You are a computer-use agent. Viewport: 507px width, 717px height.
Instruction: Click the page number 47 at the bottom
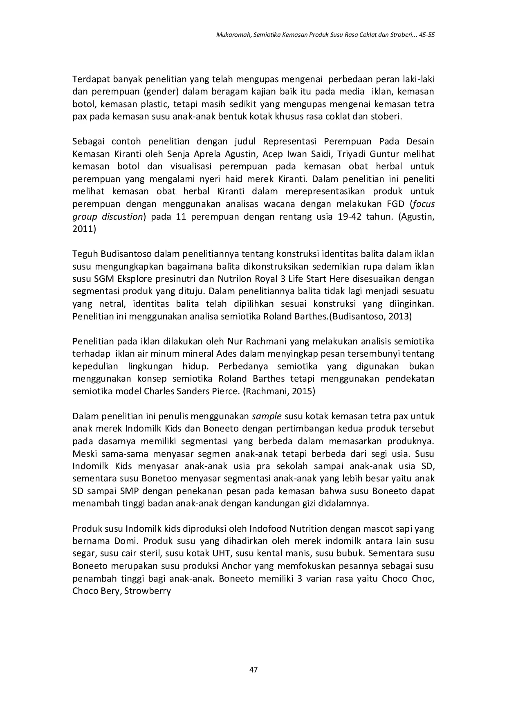tap(253, 670)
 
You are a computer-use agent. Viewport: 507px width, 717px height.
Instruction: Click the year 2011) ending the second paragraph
tap(84, 229)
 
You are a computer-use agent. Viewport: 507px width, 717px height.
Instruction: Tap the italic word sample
tap(267, 416)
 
